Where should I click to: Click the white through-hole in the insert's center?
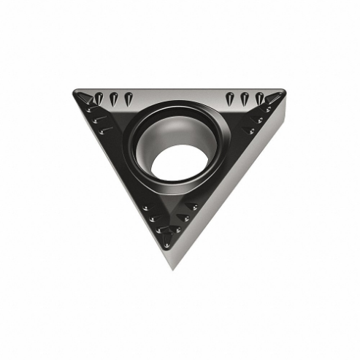pos(179,162)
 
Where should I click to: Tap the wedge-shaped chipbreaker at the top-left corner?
pos(84,97)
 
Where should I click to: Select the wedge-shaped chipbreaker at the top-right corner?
pos(275,97)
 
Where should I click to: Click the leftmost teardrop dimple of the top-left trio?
pos(99,98)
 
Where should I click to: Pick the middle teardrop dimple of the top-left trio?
pos(113,99)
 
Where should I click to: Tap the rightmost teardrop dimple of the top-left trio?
pos(128,99)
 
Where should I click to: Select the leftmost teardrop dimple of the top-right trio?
pos(230,99)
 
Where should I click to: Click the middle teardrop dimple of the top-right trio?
pos(245,99)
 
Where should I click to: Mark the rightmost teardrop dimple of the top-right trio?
pos(258,98)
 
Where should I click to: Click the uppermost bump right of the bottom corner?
pos(192,207)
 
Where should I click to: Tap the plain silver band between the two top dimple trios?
pos(179,96)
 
